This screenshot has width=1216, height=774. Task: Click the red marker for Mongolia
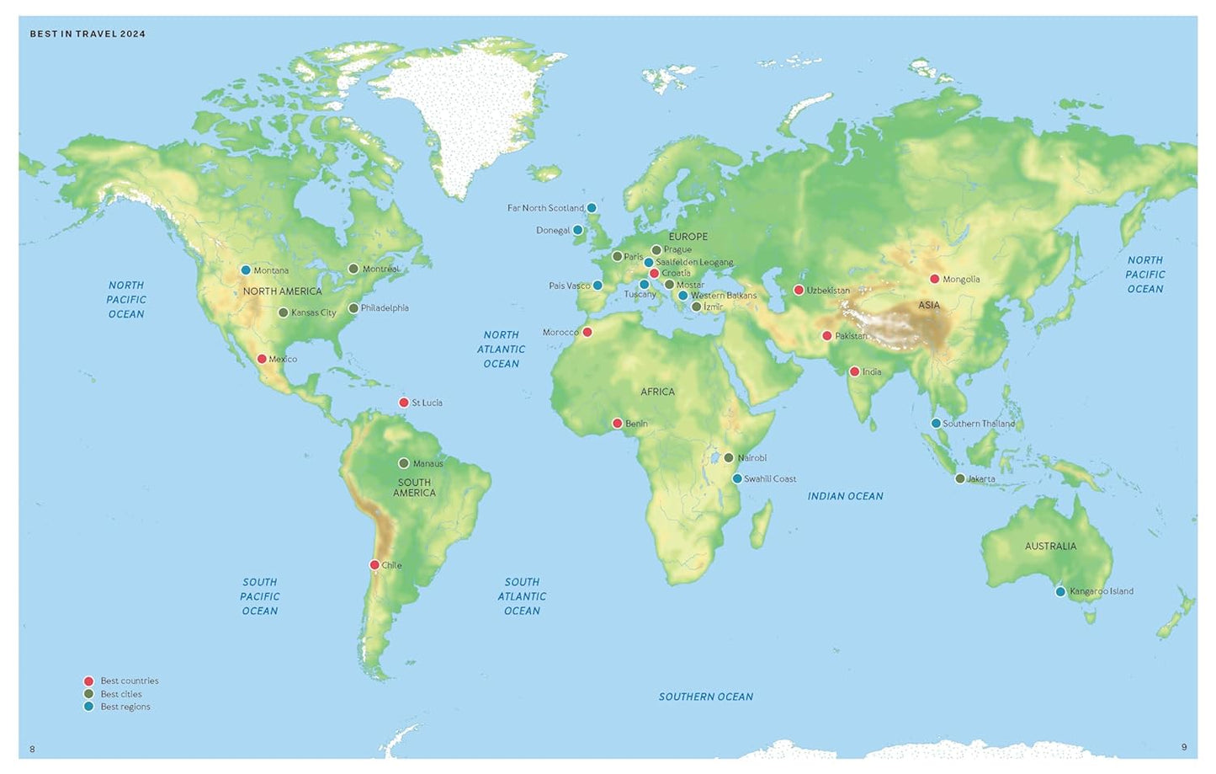[x=934, y=279]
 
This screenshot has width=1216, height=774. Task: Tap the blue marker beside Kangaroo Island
[x=1060, y=591]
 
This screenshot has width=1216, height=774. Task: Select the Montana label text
[x=271, y=270]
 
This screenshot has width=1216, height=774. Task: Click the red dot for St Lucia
[x=404, y=403]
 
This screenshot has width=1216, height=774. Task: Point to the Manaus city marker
[x=404, y=463]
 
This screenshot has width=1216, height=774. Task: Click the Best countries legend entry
[x=129, y=681]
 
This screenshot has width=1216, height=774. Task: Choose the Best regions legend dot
[x=88, y=707]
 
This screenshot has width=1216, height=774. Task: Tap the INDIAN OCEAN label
[x=845, y=496]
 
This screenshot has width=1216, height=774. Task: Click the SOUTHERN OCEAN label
[x=705, y=697]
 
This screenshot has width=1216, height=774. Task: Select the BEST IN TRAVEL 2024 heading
[x=88, y=34]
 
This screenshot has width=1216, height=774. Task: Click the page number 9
[x=1183, y=747]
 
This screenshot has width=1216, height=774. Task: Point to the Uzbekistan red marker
[x=799, y=291]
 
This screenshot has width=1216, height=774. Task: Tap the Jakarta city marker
[x=959, y=478]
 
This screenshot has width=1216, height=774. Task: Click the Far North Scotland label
[x=545, y=208]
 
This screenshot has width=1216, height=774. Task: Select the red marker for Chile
[x=374, y=565]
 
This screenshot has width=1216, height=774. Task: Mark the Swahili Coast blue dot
[x=737, y=478]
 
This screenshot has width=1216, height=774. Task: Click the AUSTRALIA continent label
[x=1050, y=546]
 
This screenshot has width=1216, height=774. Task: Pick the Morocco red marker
[x=587, y=332]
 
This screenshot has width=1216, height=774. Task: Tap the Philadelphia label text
[x=385, y=308]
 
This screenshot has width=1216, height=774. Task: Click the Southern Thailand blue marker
[x=936, y=424]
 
